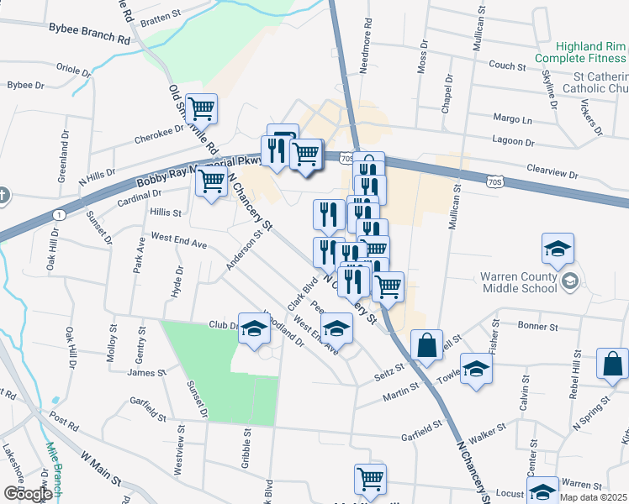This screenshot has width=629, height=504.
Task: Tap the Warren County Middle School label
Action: click(519, 282)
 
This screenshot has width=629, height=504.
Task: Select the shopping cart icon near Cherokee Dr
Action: click(202, 108)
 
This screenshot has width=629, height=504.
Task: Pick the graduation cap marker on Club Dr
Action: click(253, 328)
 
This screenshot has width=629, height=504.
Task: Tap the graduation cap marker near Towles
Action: click(477, 370)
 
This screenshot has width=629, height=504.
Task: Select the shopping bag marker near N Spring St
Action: click(612, 365)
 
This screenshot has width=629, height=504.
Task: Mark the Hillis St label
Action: click(166, 213)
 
